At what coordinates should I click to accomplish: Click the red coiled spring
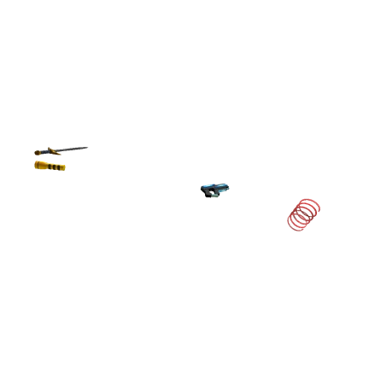pyautogui.click(x=303, y=214)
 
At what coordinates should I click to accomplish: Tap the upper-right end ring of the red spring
pyautogui.click(x=309, y=207)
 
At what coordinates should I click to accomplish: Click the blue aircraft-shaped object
pyautogui.click(x=214, y=188)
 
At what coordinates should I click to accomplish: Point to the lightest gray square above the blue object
pyautogui.click(x=228, y=181)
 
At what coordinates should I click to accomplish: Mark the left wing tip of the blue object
pyautogui.click(x=202, y=186)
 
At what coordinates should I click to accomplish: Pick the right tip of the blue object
pyautogui.click(x=230, y=186)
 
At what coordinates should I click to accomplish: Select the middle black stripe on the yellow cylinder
pyautogui.click(x=55, y=167)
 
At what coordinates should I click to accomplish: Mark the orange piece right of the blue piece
pyautogui.click(x=55, y=153)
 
